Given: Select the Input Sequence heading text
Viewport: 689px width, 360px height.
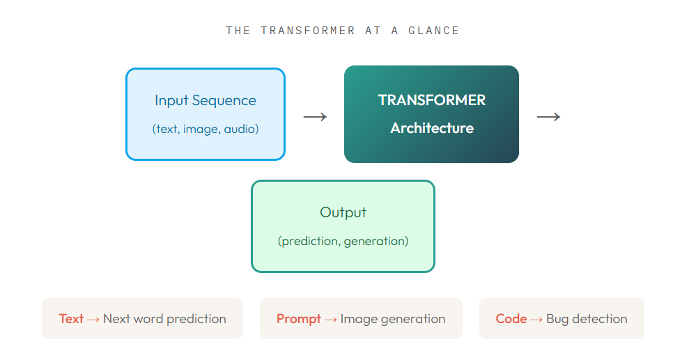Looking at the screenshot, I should (x=206, y=100).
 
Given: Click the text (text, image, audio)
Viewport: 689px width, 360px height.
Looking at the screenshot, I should (x=206, y=129).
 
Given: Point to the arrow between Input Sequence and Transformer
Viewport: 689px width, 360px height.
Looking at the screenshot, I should (x=315, y=117).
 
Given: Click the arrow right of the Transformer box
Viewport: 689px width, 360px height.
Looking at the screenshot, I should (x=548, y=117).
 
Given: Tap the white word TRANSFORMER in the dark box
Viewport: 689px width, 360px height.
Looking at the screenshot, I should (x=432, y=100).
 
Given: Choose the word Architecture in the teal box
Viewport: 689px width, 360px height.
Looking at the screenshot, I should (x=432, y=128).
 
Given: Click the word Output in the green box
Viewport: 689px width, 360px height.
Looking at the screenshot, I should (x=343, y=212).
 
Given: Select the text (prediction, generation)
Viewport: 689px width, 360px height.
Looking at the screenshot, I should (x=343, y=241).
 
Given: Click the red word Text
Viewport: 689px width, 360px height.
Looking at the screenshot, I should (x=71, y=319).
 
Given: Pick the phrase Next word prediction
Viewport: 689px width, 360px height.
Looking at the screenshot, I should (x=164, y=319).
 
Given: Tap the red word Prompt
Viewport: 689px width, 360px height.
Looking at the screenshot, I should (x=299, y=319).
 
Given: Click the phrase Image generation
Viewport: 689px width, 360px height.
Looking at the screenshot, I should (x=393, y=319).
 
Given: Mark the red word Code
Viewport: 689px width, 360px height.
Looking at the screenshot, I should (x=511, y=319).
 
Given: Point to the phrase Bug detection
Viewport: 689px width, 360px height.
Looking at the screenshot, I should (x=587, y=319).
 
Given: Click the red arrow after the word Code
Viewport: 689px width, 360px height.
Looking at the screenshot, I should (x=536, y=319).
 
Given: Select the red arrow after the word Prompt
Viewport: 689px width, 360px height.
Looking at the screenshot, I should (x=331, y=319).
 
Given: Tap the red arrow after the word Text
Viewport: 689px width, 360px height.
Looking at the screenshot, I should (x=93, y=319).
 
